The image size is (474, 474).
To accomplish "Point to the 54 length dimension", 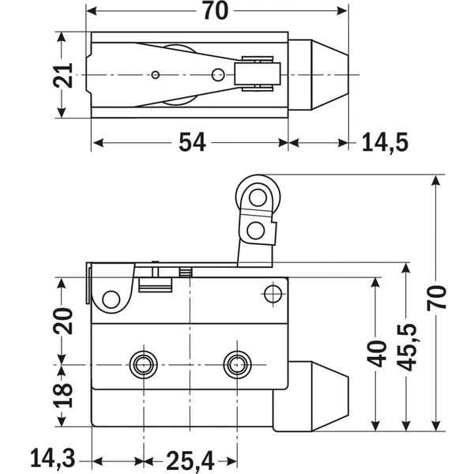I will tap(191, 142).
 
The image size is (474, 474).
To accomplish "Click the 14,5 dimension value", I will tap(385, 142).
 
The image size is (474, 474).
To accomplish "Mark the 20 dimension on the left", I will tap(66, 321).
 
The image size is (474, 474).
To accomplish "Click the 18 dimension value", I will tap(66, 389).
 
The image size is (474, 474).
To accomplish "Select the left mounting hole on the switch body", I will tap(142, 364).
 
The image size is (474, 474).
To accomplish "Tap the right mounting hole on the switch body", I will tap(235, 364).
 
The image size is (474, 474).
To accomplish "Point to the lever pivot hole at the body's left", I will tap(111, 299).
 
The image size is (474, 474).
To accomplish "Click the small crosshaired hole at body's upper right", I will tap(273, 294).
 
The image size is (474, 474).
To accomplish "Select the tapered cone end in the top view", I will tap(323, 75).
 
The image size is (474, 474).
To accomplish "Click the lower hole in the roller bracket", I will tap(254, 230).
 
